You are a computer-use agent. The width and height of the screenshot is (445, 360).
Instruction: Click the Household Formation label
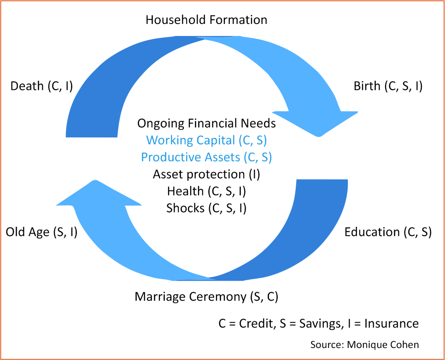click(206, 20)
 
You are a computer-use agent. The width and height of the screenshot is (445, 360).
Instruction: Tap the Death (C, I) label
click(42, 86)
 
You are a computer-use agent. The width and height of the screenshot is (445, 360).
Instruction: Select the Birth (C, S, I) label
click(388, 86)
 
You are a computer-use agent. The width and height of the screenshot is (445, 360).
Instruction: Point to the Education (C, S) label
click(388, 232)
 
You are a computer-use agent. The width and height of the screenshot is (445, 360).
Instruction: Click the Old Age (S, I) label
click(42, 232)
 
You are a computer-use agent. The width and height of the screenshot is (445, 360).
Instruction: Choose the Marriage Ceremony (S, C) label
click(206, 297)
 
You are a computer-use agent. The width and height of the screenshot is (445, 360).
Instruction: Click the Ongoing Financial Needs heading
click(206, 124)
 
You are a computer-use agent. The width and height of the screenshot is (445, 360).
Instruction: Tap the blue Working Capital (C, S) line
click(206, 141)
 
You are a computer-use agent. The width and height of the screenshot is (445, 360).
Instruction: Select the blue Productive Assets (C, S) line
click(206, 157)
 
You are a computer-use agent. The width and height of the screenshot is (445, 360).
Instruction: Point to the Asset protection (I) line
click(206, 174)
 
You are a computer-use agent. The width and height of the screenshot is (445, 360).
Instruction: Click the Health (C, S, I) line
click(206, 191)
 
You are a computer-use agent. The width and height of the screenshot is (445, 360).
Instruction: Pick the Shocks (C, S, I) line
click(206, 208)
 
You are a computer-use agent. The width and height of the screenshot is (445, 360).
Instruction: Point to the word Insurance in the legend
click(392, 324)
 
